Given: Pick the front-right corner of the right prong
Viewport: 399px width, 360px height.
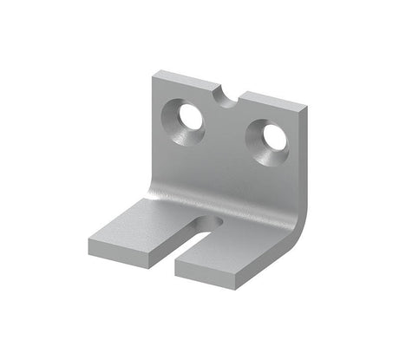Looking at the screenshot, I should click(258, 276).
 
